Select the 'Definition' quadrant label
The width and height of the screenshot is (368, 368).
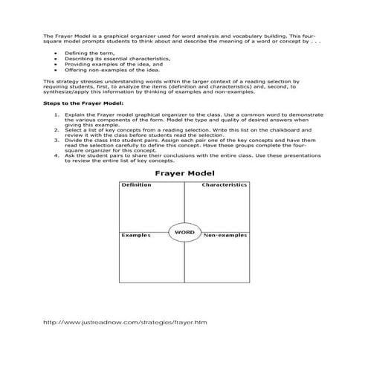coord(137,185)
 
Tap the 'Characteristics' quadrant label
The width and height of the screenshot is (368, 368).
coord(224,185)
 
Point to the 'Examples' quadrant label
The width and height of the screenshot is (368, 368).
coord(136,235)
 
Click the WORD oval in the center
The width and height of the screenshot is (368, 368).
coord(184,233)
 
